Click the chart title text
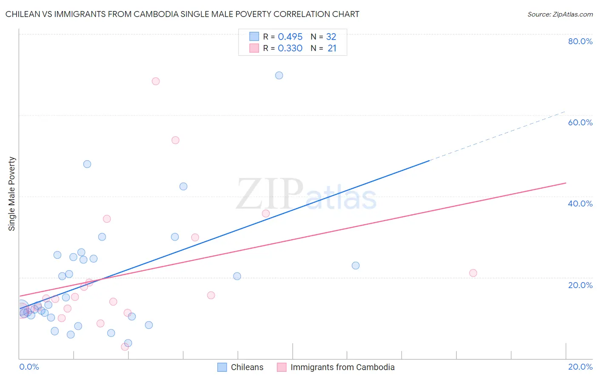182,14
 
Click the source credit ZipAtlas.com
560,14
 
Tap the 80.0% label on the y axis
580,41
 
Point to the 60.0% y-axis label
580,122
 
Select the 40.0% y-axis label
580,204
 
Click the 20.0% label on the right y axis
580,285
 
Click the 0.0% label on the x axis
29,367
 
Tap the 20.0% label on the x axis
580,367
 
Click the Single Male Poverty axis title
12,194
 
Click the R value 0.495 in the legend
290,37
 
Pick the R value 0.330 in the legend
290,48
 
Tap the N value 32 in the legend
331,37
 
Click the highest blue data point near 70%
279,76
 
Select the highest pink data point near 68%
156,81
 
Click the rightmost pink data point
473,273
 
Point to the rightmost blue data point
356,266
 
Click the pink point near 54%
175,140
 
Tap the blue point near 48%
87,164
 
